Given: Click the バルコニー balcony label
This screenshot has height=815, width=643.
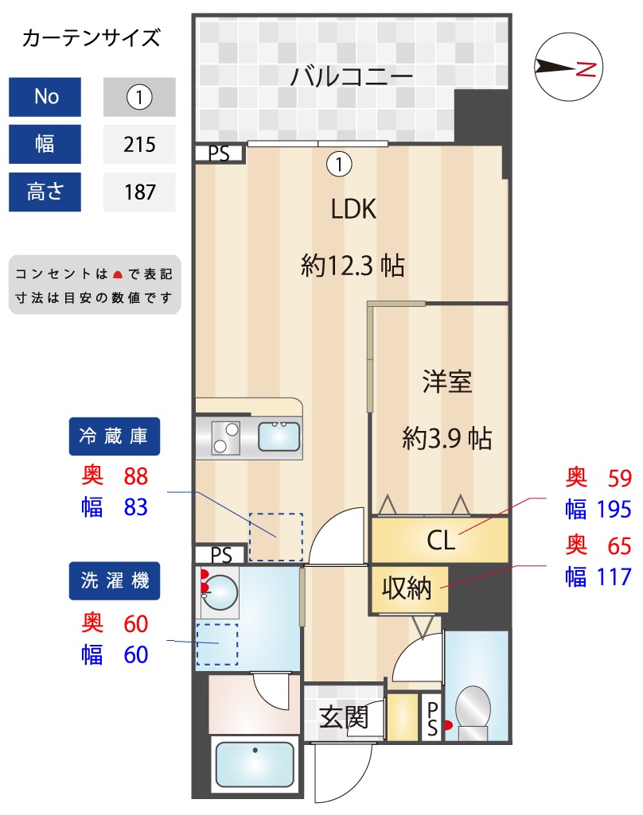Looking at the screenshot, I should [351, 78].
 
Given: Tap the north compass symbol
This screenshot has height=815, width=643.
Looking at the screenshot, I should [568, 68].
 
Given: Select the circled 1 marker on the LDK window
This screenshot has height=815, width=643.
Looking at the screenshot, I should [339, 165].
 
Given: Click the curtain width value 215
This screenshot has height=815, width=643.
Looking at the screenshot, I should [139, 145].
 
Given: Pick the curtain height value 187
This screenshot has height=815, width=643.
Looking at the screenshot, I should [139, 192].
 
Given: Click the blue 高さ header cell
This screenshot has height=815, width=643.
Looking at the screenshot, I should [45, 192].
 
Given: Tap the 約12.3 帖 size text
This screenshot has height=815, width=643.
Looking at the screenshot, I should [353, 265].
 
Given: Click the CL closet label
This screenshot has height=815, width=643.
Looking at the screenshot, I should [440, 541].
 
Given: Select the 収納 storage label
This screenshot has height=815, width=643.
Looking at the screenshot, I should [407, 588].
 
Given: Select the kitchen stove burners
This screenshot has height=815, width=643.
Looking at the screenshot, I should [225, 437].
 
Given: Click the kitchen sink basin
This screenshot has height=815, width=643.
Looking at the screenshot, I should [279, 437].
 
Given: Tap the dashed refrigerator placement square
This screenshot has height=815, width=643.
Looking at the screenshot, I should [276, 538].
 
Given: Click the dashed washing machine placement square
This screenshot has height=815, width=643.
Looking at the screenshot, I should [216, 643].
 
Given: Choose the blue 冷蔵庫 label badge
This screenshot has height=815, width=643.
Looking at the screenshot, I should [114, 436].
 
